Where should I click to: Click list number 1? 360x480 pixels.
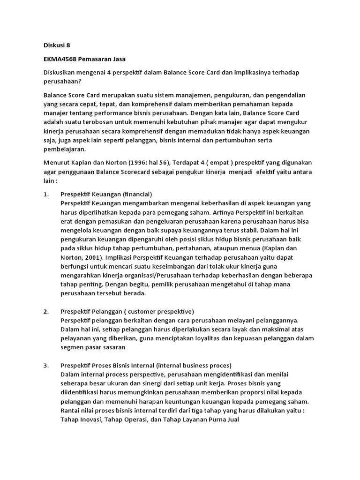coord(46,194)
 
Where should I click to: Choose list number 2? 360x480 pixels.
coord(46,312)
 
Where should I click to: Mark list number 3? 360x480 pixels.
coord(46,366)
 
